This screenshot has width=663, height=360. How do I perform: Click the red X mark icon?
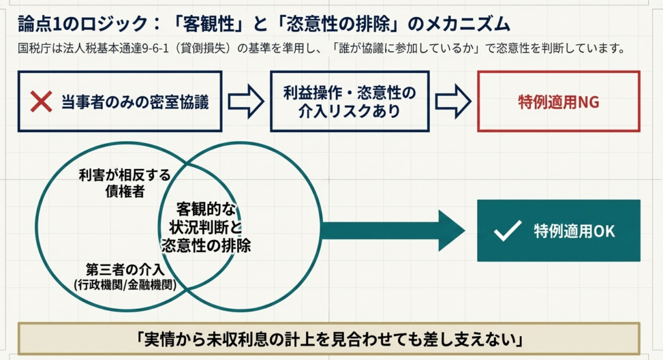(41, 102)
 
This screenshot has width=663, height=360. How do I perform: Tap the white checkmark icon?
(507, 231)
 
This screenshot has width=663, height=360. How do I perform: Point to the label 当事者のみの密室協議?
(135, 102)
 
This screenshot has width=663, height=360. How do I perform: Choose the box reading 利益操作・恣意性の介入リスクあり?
(350, 102)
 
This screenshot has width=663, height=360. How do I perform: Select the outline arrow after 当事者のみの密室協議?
(246, 102)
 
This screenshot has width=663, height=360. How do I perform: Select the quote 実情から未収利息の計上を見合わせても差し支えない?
(330, 338)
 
